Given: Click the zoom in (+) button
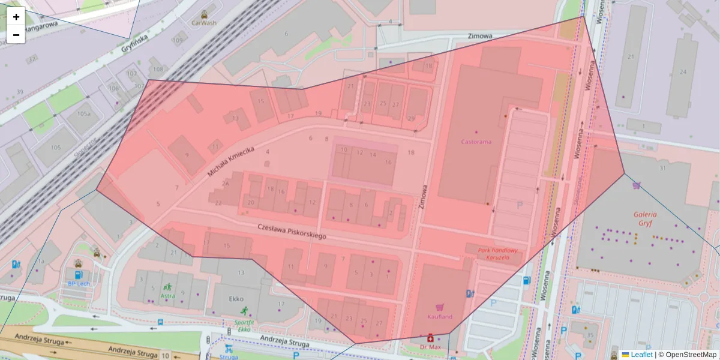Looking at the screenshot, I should tap(16, 17).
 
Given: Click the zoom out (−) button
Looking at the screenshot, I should tap(16, 35).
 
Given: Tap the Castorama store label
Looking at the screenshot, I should tap(476, 142).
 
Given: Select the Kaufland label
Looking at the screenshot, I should tap(439, 317).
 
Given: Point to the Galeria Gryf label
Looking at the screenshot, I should tap(645, 219).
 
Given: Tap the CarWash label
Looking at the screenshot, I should tap(204, 23).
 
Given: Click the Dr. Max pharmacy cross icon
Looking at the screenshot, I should tap(430, 338).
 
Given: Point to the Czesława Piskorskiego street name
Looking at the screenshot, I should tap(292, 232).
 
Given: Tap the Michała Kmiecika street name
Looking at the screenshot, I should tap(232, 161).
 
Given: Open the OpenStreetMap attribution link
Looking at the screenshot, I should tap(691, 355).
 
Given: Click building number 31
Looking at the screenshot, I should tap(663, 169).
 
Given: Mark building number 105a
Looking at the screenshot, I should tap(83, 113).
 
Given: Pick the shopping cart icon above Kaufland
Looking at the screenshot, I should tap(439, 307).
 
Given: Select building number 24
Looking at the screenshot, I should tap(683, 71).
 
